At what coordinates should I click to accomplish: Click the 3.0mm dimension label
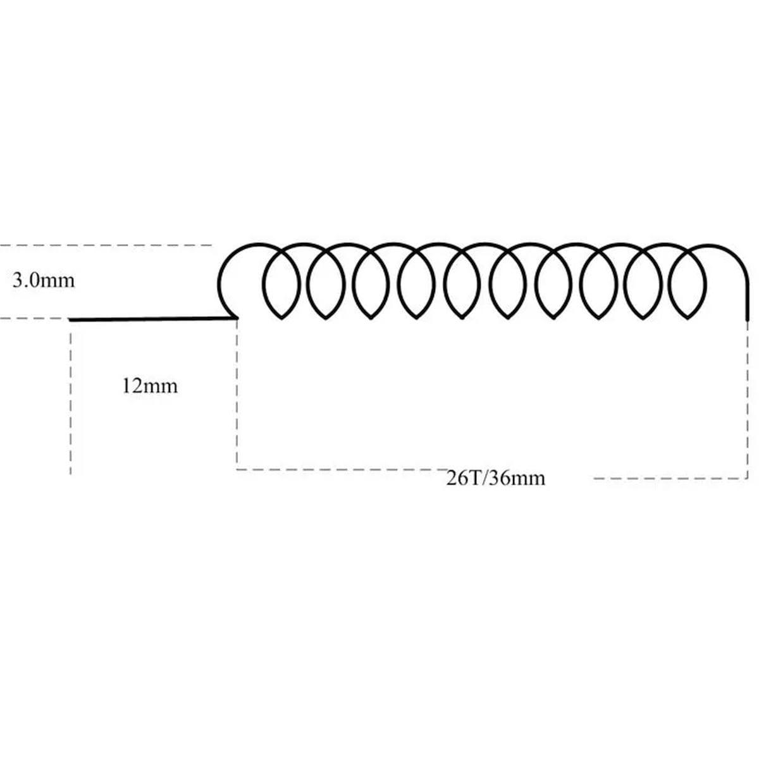coord(44,281)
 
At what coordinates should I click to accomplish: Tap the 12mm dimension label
coord(150,386)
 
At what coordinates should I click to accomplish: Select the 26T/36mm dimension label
coord(496,479)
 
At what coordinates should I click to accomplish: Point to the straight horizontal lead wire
coord(153,319)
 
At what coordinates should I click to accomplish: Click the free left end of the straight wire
coord(70,320)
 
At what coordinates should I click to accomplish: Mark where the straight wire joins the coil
coord(236,318)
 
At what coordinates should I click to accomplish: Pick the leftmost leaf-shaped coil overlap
coord(281,283)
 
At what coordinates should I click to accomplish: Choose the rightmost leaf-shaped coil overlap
coord(688,283)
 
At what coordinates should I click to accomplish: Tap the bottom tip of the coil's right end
coord(747,320)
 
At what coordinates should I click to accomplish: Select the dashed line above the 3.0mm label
coord(106,245)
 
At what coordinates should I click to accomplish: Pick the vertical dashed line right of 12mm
coord(237,394)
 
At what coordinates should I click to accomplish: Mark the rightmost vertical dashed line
coord(747,400)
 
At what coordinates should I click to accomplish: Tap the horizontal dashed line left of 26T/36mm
coord(341,469)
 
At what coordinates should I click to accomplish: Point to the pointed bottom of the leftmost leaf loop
coord(281,318)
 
